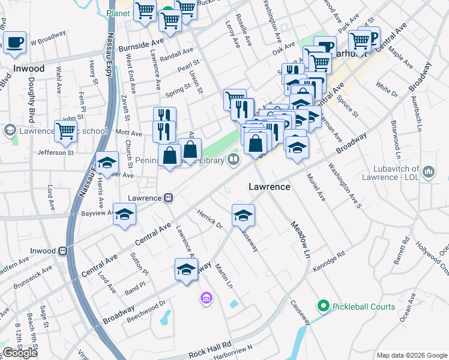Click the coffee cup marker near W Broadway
[15, 43]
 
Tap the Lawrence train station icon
[169, 197]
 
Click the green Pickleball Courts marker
[324, 307]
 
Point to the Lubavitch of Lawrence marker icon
[428, 172]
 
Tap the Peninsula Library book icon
[233, 160]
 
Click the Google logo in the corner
[20, 353]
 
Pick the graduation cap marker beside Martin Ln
[187, 269]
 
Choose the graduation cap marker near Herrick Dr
[243, 215]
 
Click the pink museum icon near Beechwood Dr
[206, 298]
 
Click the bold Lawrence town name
[270, 187]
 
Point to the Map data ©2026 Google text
[412, 355]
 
